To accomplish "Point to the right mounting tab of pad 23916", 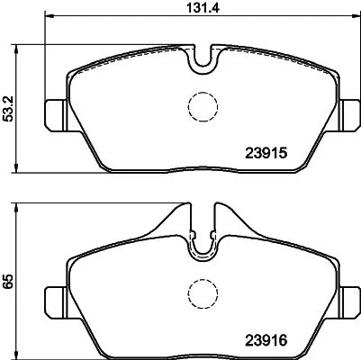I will coord(352,298).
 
